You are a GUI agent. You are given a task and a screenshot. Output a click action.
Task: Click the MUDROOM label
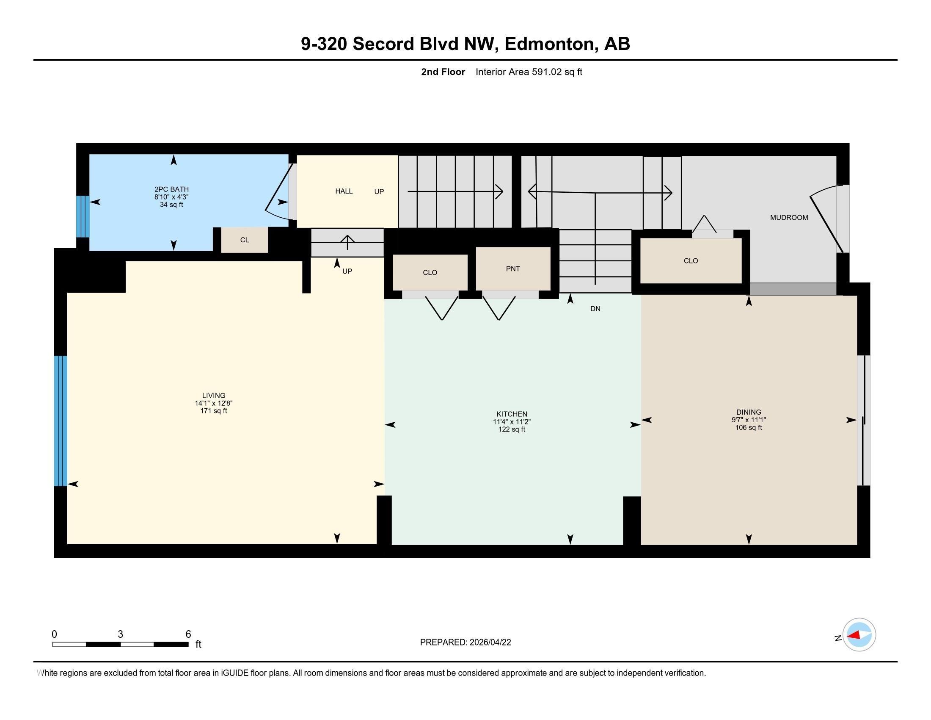click(789, 218)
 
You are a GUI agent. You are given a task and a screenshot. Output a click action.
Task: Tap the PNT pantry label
click(513, 269)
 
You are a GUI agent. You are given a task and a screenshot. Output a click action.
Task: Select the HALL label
click(344, 191)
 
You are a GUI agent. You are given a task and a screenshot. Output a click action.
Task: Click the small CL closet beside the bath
click(244, 240)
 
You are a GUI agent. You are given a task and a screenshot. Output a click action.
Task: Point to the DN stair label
click(595, 309)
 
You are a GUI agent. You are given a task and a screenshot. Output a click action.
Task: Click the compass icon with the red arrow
click(859, 635)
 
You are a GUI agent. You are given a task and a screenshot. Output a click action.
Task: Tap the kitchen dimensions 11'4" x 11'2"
click(512, 422)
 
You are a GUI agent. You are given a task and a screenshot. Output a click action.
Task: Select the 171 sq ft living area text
click(214, 411)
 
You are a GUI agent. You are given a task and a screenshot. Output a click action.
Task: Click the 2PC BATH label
click(171, 189)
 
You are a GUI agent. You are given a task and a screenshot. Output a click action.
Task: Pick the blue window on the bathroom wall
click(83, 216)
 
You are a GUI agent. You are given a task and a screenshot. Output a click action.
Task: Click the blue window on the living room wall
click(61, 421)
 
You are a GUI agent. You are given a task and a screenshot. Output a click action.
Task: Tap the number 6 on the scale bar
click(188, 634)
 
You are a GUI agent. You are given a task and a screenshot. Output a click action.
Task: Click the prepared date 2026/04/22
click(490, 642)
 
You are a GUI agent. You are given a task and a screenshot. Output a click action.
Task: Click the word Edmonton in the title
click(549, 44)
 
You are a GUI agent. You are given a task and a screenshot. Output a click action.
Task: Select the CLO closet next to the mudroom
click(691, 260)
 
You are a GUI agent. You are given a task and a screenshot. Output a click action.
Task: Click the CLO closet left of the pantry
click(430, 273)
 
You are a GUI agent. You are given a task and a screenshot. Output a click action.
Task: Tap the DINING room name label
click(749, 412)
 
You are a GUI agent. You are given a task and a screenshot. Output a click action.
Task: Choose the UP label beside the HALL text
click(379, 192)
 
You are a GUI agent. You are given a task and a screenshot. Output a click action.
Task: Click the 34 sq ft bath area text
click(171, 205)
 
